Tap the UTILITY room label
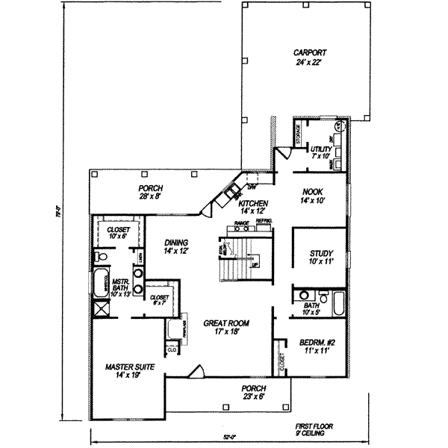pos(320,149)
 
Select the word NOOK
pos(311,192)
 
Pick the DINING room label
pos(176,242)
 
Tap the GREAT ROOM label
pos(226,323)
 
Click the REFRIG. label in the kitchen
pos(264,223)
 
